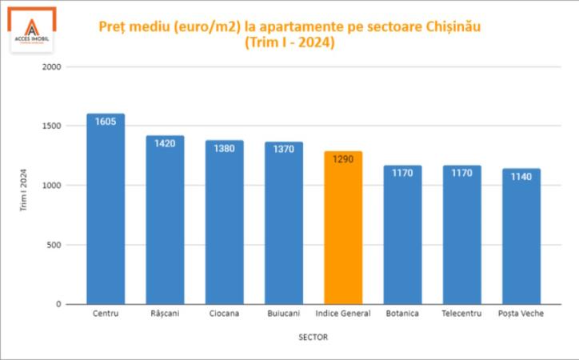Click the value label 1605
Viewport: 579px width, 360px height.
(x=106, y=122)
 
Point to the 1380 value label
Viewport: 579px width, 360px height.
(x=224, y=149)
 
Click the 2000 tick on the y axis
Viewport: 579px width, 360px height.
(x=52, y=67)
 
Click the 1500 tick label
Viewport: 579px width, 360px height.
(x=52, y=126)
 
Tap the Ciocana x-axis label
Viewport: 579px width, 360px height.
(x=224, y=314)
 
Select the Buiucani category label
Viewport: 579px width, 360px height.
(x=284, y=314)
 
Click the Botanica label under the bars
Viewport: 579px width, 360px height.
(x=401, y=314)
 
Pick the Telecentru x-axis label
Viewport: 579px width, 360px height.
(x=461, y=314)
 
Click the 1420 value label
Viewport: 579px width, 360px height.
(x=165, y=144)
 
